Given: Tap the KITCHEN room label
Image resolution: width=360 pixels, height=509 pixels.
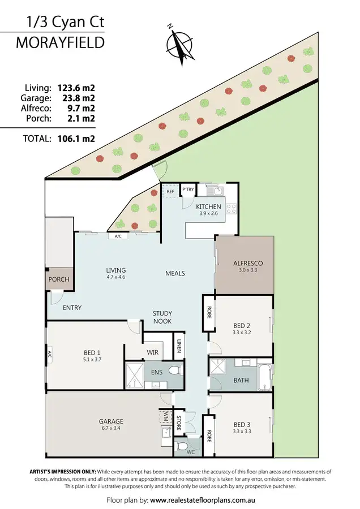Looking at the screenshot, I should coord(208,207).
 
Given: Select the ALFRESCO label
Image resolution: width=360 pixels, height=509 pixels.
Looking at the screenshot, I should coord(245,264).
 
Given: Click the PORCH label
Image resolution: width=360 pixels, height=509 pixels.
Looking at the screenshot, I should coord(59,279).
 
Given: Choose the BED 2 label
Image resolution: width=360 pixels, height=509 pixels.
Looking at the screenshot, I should coord(242,326).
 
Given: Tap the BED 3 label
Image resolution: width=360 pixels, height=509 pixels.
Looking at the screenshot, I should coord(242,424).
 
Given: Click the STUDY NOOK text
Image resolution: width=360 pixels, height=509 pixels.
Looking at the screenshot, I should coord(162,317).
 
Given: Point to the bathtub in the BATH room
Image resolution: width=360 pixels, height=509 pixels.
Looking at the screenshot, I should coord(264,377).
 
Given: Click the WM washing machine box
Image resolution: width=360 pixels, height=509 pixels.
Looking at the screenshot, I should coord(165,417).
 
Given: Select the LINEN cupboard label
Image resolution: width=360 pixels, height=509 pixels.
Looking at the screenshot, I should coord(179,346).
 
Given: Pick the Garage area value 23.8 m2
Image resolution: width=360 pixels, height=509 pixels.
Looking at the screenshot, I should coord(76,98).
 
